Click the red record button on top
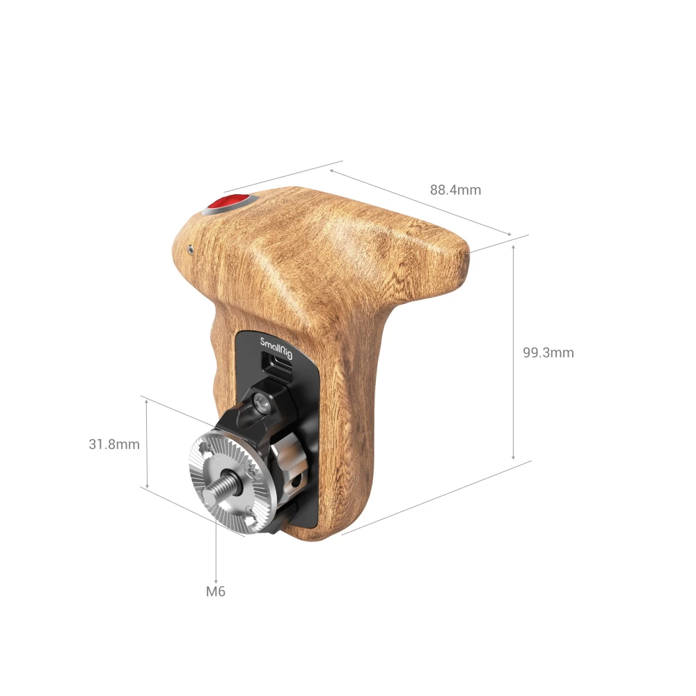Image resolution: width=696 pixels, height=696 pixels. [228, 203]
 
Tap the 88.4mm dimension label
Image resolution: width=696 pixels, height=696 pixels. [455, 190]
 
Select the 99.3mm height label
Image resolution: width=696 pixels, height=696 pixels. [548, 353]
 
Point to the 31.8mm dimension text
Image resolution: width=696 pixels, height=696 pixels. [114, 444]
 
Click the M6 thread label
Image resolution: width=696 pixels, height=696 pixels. [216, 592]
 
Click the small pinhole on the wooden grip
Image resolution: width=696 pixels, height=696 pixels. [190, 247]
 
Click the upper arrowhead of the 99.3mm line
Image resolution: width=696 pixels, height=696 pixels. [514, 246]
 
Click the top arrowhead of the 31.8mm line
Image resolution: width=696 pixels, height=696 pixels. [148, 403]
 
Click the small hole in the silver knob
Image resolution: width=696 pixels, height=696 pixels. [297, 480]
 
